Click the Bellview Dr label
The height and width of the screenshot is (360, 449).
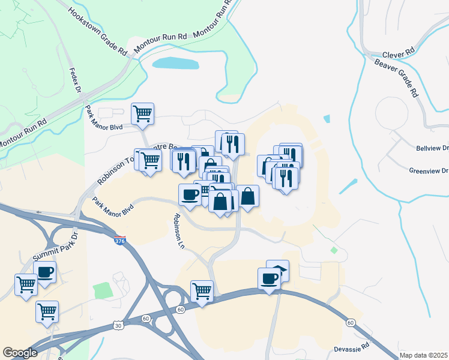point(432,148)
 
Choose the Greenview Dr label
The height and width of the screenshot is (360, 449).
point(429,170)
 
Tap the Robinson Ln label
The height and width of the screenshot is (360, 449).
point(178,230)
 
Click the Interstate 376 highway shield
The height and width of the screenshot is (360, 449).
point(120,241)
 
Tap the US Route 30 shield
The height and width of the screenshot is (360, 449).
point(118,325)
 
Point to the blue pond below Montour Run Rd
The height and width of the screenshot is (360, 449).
point(175,63)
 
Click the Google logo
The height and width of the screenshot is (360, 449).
point(20,353)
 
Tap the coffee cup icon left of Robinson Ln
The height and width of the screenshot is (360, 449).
point(190,194)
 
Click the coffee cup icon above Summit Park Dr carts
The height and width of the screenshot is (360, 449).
point(45,272)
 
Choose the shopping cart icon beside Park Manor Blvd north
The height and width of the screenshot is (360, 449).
point(142,113)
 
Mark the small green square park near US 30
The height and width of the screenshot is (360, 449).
point(103,290)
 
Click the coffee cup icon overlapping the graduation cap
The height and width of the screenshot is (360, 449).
point(270,278)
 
